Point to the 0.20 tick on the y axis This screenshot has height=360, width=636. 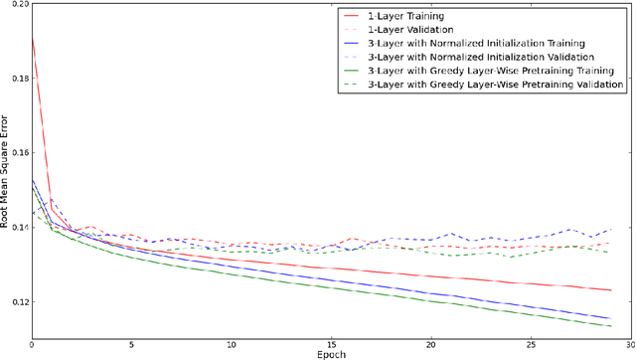pos(18,5)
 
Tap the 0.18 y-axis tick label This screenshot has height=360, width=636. pos(18,79)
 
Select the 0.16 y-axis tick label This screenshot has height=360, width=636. pos(18,153)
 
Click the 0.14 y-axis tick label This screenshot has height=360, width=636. pos(18,228)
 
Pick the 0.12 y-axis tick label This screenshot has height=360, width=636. pos(18,301)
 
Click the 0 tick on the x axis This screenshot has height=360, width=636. pos(32,345)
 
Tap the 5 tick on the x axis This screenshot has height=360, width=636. pos(131,345)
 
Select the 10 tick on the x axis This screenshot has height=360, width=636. pos(231,345)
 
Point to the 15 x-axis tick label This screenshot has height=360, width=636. pos(330,345)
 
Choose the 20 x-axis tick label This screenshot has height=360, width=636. pos(429,345)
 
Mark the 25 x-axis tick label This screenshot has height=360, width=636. pos(529,345)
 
